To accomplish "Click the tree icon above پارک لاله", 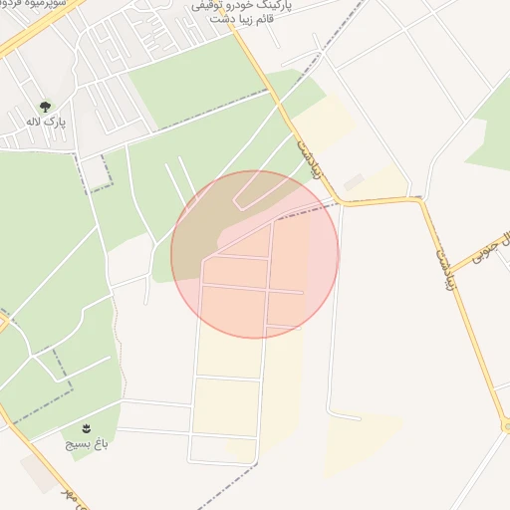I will [44, 106].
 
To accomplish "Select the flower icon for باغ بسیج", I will [88, 428].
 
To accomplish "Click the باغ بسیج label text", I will [86, 442].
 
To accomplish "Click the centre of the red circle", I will [255, 254].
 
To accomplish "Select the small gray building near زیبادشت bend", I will [354, 181].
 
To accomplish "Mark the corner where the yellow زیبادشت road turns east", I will [339, 202].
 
